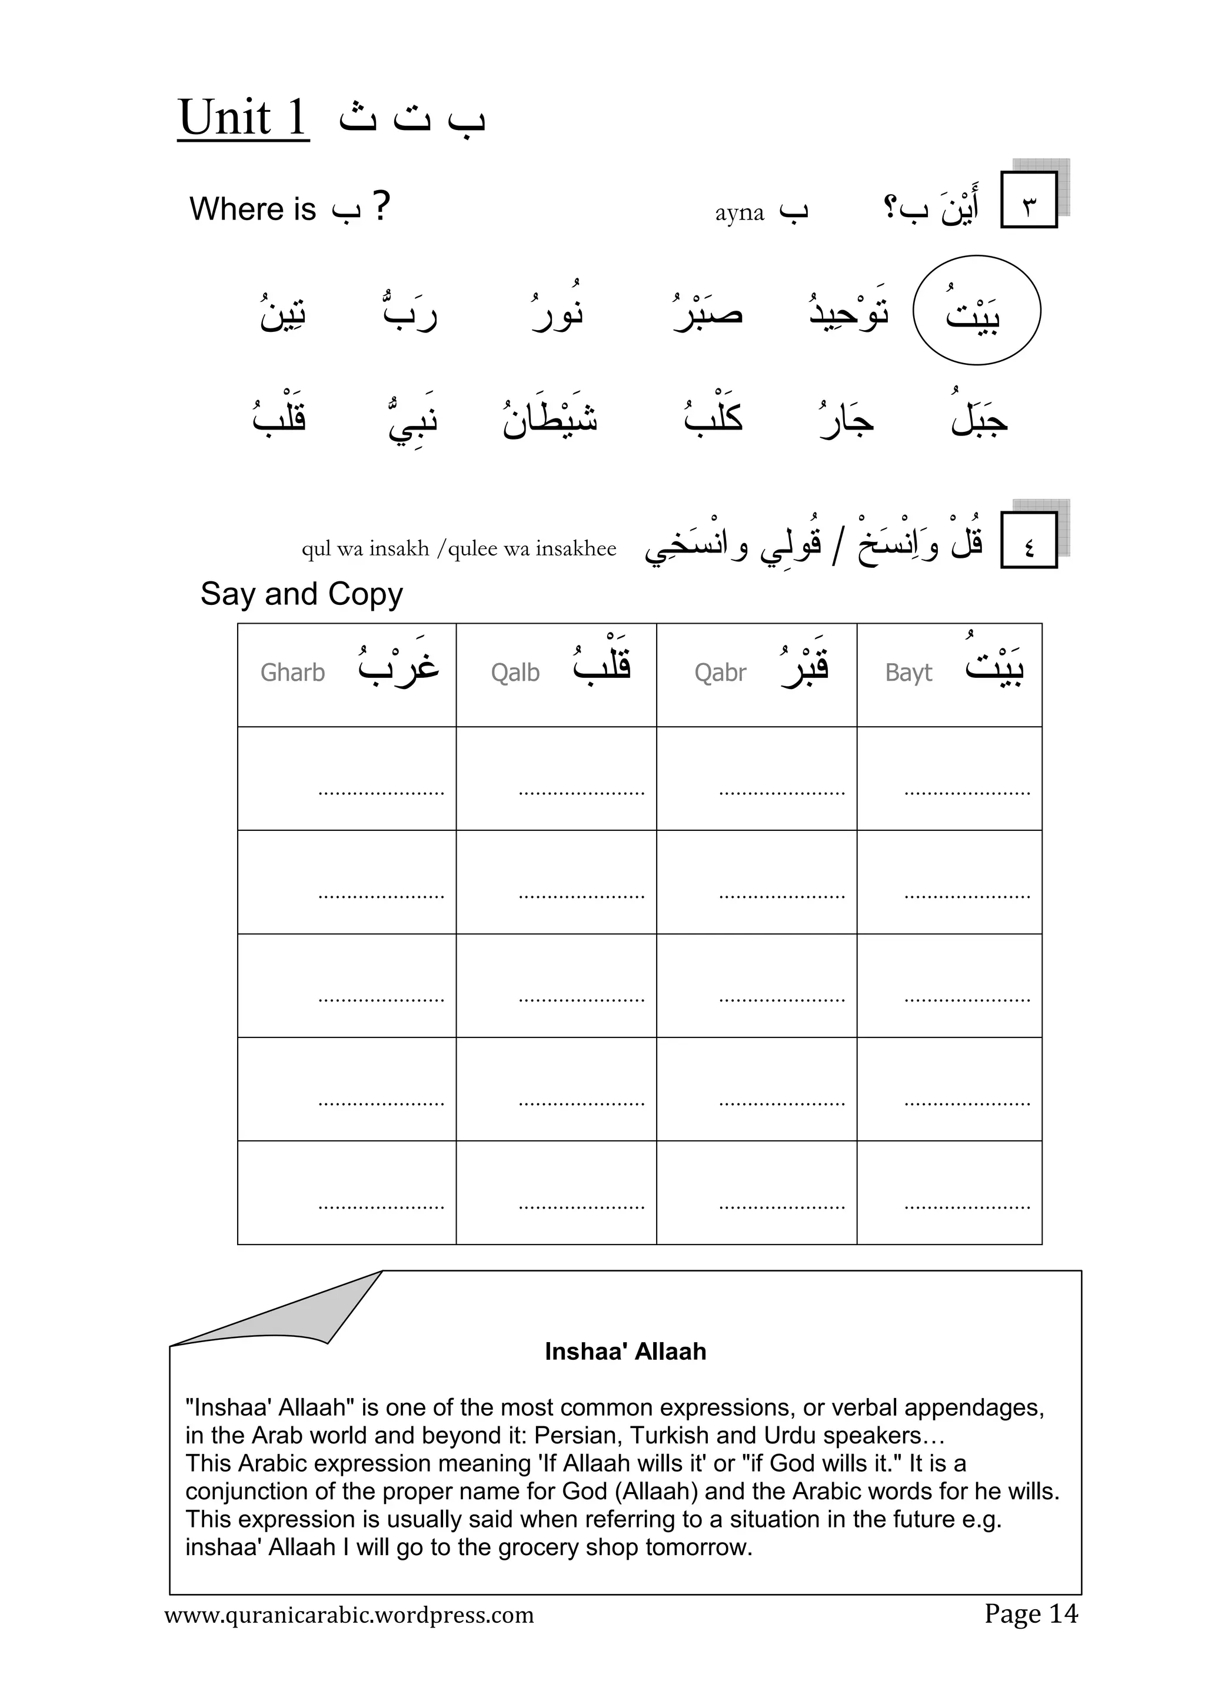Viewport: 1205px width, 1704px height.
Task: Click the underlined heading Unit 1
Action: [x=242, y=118]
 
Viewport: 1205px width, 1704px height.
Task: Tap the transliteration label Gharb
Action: [x=292, y=673]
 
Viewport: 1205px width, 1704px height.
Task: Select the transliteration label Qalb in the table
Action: [x=515, y=673]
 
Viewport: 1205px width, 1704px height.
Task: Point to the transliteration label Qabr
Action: [x=720, y=673]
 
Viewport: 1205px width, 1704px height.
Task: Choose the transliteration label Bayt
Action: [x=908, y=673]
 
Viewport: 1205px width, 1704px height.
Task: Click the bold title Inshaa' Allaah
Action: [x=625, y=1352]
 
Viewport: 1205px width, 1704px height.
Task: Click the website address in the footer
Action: [x=349, y=1615]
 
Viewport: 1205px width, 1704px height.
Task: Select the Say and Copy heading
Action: [x=301, y=594]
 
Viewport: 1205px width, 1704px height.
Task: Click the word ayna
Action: [x=739, y=213]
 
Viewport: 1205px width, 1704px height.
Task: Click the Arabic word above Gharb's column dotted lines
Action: [x=398, y=662]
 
